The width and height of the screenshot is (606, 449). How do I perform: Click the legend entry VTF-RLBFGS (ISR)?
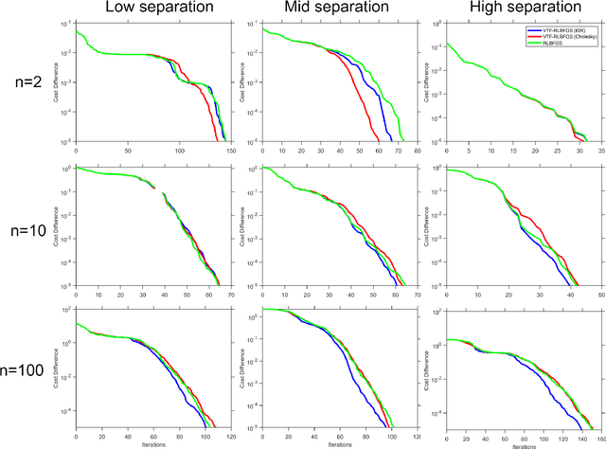[x=568, y=29]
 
